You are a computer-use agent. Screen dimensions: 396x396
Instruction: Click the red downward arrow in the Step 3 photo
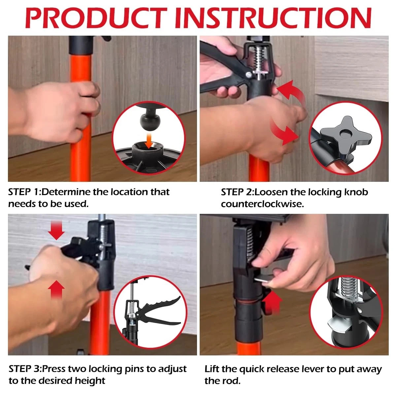tap(56, 230)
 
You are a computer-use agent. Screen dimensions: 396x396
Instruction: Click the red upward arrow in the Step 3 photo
tap(56, 289)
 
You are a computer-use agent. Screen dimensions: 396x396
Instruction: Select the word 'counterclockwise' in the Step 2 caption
tap(262, 204)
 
